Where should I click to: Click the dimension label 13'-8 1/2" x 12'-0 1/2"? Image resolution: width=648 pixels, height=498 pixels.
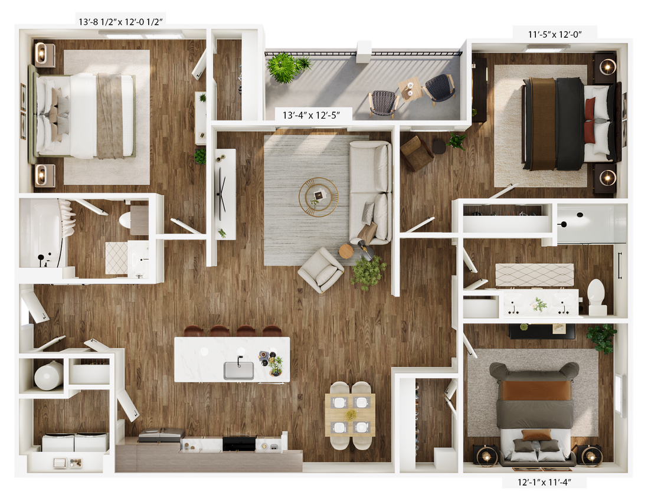click(x=120, y=22)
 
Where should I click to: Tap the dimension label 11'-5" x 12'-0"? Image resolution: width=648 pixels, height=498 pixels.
click(x=555, y=34)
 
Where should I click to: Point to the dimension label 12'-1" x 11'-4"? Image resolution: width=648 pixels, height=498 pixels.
click(x=544, y=483)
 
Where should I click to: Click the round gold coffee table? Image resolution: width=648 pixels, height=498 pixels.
click(x=318, y=196)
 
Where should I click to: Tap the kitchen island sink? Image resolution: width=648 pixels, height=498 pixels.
click(x=238, y=370)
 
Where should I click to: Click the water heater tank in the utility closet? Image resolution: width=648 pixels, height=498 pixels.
click(x=48, y=375)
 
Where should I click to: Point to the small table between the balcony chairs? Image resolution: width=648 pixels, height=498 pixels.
click(x=410, y=89)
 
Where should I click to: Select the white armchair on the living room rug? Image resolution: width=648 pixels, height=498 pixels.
click(x=321, y=270)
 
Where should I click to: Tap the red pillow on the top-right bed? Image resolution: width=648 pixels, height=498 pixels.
click(x=590, y=121)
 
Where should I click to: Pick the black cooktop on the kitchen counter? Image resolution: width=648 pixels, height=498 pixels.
click(x=238, y=441)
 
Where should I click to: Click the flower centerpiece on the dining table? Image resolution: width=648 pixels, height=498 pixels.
click(x=351, y=415)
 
